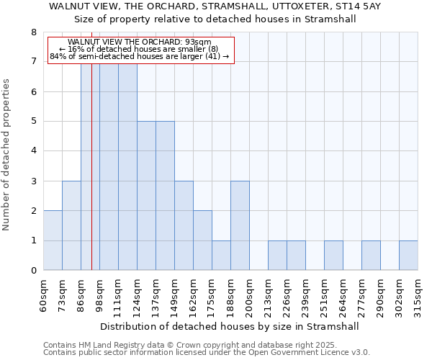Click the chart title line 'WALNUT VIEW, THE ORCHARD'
[215, 6]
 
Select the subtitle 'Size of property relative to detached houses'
[215, 19]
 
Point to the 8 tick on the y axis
[33, 32]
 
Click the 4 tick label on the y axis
[33, 151]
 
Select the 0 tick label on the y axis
[33, 271]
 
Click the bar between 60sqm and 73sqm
[53, 240]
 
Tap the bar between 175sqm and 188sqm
[221, 256]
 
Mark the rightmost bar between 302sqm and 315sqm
[408, 256]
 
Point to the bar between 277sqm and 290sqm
[371, 256]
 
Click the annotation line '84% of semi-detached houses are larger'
[140, 56]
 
